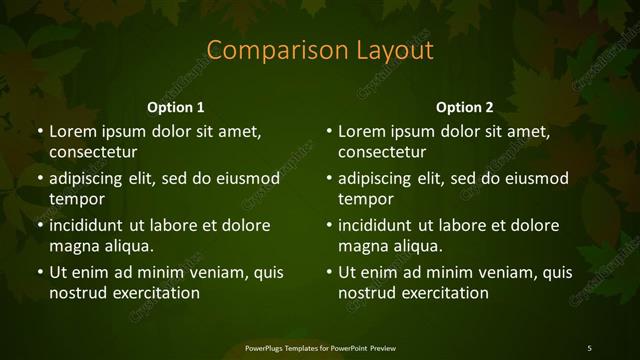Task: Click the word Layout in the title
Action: [393, 51]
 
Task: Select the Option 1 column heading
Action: [176, 107]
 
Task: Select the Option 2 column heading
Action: [465, 107]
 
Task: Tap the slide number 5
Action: [589, 348]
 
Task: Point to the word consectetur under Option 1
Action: [93, 153]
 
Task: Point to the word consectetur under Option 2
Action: [383, 153]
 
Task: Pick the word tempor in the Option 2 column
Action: [363, 200]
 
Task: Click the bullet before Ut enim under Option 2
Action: [329, 272]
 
